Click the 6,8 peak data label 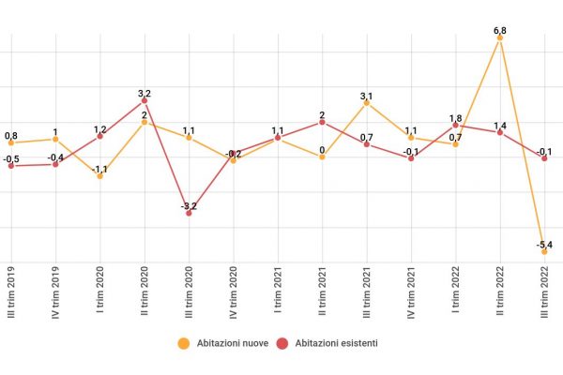[499, 30]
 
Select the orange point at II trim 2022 [499, 38]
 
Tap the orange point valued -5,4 [543, 251]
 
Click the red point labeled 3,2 [145, 100]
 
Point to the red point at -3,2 [189, 213]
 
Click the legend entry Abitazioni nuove [224, 343]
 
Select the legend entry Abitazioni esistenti [327, 343]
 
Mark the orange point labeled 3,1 [367, 103]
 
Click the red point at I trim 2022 [455, 125]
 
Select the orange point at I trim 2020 [99, 175]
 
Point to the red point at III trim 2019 [11, 166]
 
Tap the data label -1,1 [99, 168]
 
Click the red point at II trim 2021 [322, 122]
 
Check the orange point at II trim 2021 [322, 157]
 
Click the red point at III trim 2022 [543, 157]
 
